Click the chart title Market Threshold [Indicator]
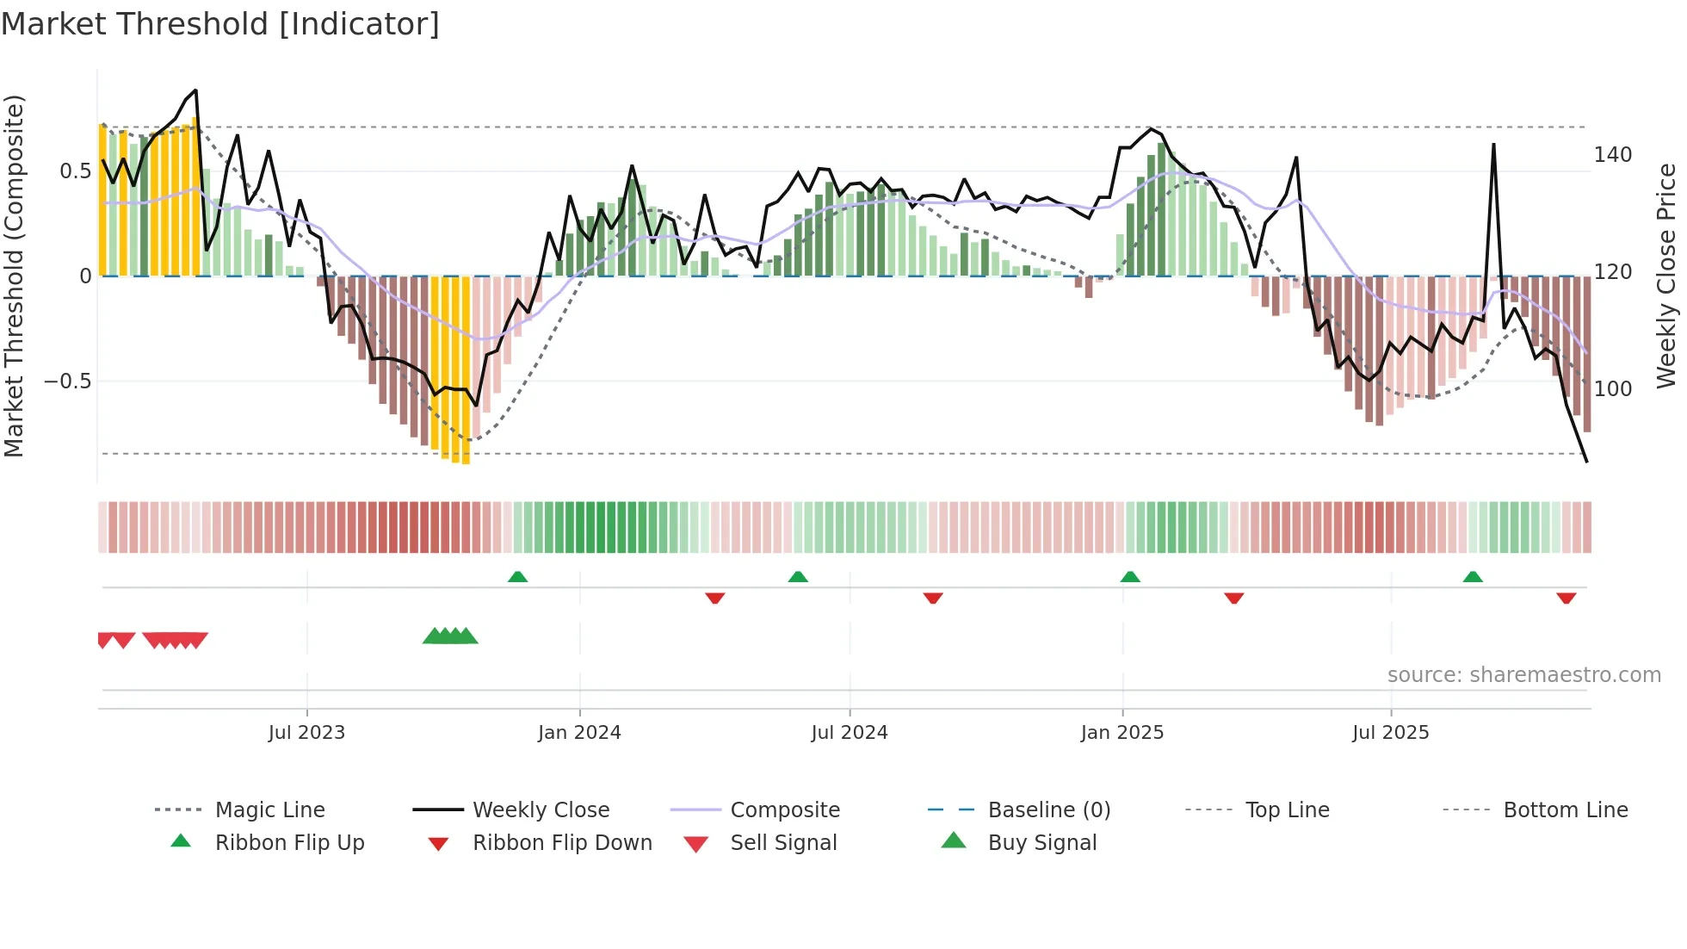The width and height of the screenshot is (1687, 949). (x=220, y=24)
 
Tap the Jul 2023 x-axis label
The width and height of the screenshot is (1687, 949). (x=306, y=733)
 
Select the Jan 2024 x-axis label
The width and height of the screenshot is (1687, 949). (x=579, y=733)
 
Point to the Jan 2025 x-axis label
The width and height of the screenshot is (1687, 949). (x=1122, y=733)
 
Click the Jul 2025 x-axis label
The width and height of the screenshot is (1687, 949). (x=1391, y=733)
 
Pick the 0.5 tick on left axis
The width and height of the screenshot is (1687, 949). (x=76, y=171)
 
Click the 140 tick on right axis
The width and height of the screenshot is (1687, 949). (x=1612, y=155)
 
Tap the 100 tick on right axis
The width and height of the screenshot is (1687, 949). (x=1612, y=389)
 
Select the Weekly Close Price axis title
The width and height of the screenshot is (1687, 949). (x=1666, y=276)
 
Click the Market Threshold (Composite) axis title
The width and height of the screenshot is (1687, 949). (x=14, y=276)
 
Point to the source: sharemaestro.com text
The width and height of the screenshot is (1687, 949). (x=1523, y=675)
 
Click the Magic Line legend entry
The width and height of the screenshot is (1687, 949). (x=269, y=810)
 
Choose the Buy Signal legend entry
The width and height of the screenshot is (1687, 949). (x=1041, y=843)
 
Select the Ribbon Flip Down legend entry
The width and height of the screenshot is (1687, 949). (x=562, y=843)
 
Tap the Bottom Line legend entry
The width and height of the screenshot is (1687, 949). (x=1565, y=810)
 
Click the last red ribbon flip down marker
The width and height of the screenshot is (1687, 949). (x=1566, y=598)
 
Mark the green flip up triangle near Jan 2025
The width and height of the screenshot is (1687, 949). (x=1130, y=577)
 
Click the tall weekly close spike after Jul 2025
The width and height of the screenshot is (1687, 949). (x=1493, y=146)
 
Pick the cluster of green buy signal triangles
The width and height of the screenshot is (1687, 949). (x=450, y=636)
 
